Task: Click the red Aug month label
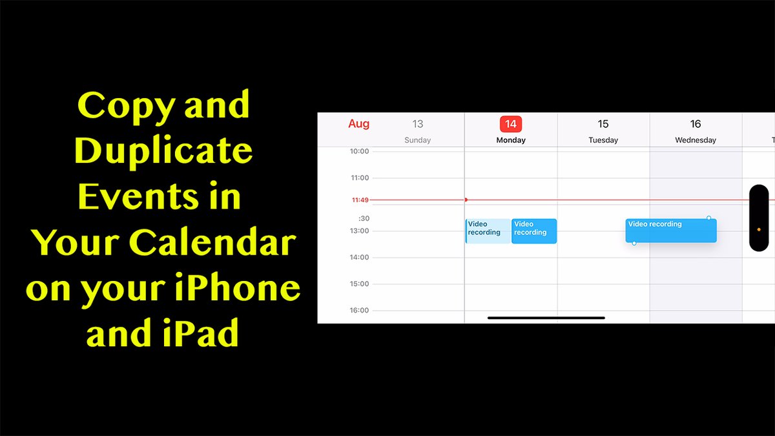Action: pyautogui.click(x=358, y=124)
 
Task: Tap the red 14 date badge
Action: pyautogui.click(x=511, y=124)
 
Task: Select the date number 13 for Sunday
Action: pyautogui.click(x=418, y=124)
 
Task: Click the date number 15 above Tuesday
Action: pyautogui.click(x=603, y=124)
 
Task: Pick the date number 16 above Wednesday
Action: pyautogui.click(x=696, y=124)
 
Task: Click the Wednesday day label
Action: pyautogui.click(x=696, y=140)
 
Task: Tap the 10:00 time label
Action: pyautogui.click(x=360, y=152)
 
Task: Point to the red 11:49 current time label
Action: pyautogui.click(x=360, y=200)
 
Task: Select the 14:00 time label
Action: pyautogui.click(x=360, y=258)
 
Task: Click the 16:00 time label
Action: pyautogui.click(x=360, y=311)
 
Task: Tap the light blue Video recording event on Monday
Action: pyautogui.click(x=486, y=231)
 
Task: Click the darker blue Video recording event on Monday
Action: pyautogui.click(x=534, y=231)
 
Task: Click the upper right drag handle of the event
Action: pyautogui.click(x=708, y=218)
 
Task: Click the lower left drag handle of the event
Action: pyautogui.click(x=634, y=243)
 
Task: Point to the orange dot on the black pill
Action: pyautogui.click(x=758, y=229)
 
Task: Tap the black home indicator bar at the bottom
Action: pyautogui.click(x=546, y=318)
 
